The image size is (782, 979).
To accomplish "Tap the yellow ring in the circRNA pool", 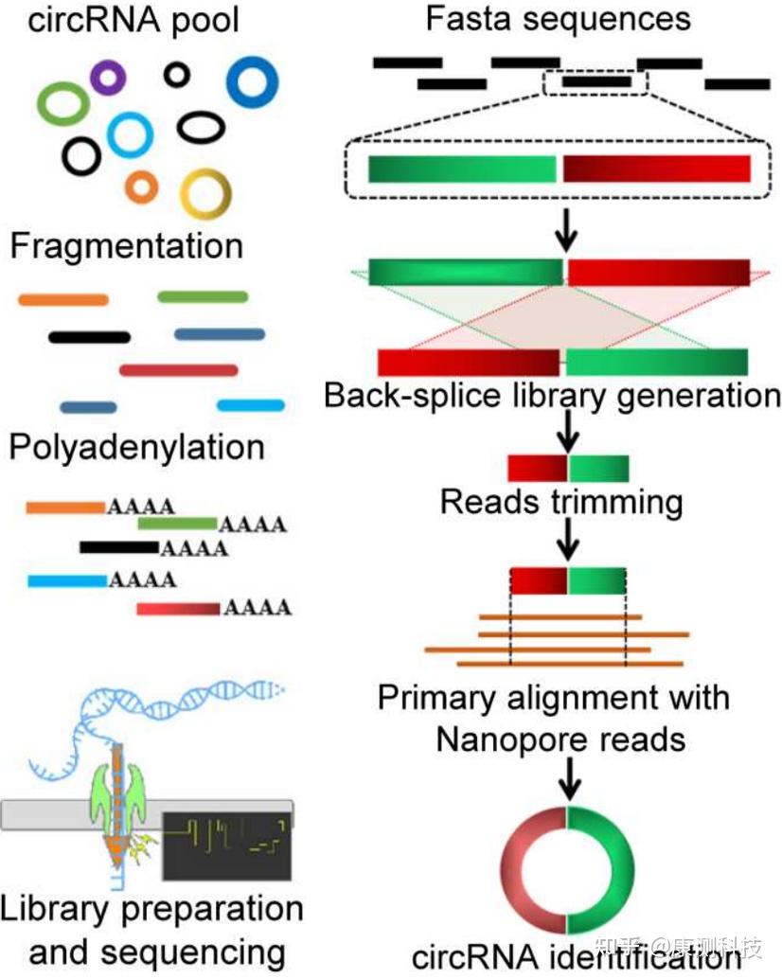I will click(204, 193).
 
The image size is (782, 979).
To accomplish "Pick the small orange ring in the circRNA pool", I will click(141, 187).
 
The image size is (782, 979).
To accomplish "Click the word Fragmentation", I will click(126, 246).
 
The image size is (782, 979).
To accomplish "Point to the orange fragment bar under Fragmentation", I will click(62, 299).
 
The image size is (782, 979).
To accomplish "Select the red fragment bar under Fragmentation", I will click(178, 370).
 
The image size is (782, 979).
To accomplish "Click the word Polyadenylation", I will click(136, 447).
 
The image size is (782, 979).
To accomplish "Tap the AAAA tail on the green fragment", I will click(253, 525).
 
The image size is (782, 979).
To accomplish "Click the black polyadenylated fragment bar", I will click(118, 546).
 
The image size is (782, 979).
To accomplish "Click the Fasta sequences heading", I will click(558, 19).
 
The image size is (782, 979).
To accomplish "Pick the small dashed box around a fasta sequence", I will click(595, 81).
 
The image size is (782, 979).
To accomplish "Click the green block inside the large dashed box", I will click(462, 169).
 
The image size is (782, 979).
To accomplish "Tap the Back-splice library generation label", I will click(552, 395).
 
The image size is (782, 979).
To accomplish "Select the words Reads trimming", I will click(560, 502).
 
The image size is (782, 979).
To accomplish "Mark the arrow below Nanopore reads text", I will click(567, 780).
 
